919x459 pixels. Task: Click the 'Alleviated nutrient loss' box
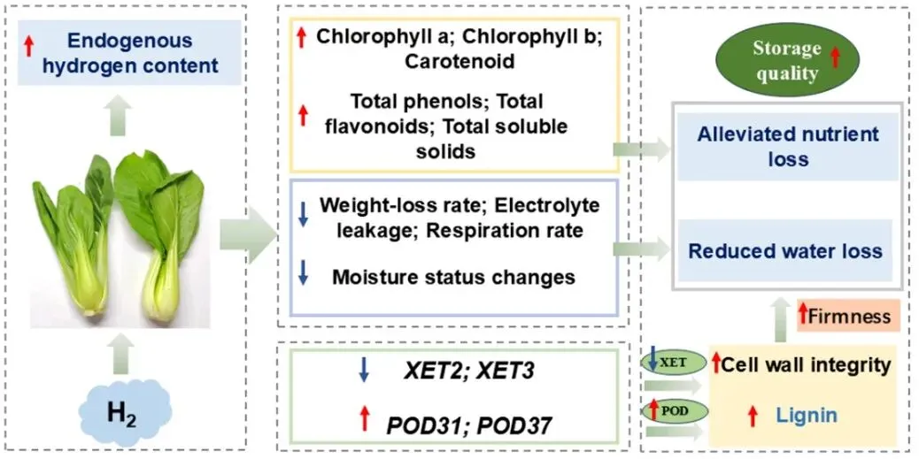point(788,147)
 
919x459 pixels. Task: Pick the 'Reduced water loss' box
point(785,250)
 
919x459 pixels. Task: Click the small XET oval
point(674,362)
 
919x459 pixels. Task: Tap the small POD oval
point(674,410)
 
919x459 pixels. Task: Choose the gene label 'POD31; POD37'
point(469,425)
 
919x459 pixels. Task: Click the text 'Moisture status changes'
point(453,277)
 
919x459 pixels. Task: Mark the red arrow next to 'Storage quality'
point(835,57)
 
